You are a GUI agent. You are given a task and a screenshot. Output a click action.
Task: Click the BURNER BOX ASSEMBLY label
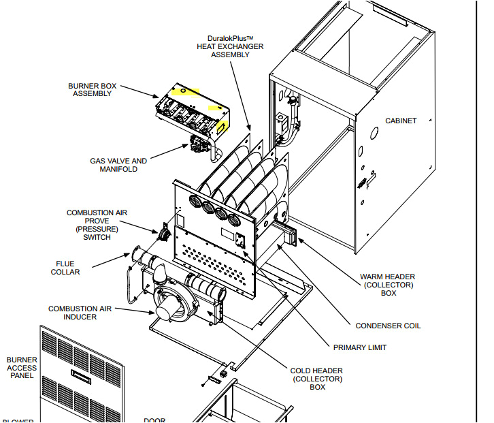pyautogui.click(x=92, y=90)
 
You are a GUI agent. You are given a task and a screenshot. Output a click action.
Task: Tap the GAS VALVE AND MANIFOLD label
pyautogui.click(x=118, y=165)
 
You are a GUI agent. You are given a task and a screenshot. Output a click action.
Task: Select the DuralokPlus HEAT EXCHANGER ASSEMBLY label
pyautogui.click(x=230, y=46)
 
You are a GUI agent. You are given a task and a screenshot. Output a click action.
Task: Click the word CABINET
pyautogui.click(x=401, y=121)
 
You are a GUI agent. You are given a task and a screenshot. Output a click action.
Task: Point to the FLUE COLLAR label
pyautogui.click(x=65, y=268)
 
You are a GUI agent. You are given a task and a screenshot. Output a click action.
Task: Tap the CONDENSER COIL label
pyautogui.click(x=388, y=326)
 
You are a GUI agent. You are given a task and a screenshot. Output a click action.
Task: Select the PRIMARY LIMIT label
pyautogui.click(x=359, y=347)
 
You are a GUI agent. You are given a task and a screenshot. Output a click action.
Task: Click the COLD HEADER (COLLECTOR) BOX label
pyautogui.click(x=317, y=379)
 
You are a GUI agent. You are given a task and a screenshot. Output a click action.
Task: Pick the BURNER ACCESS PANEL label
pyautogui.click(x=22, y=368)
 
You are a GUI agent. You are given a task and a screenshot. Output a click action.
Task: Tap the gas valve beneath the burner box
pyautogui.click(x=199, y=145)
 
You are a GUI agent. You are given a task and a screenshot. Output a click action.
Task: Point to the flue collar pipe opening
pyautogui.click(x=137, y=256)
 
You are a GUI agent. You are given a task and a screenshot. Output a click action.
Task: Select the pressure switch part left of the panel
pyautogui.click(x=165, y=234)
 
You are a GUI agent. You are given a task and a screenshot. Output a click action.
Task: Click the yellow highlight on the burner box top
pyautogui.click(x=185, y=90)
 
